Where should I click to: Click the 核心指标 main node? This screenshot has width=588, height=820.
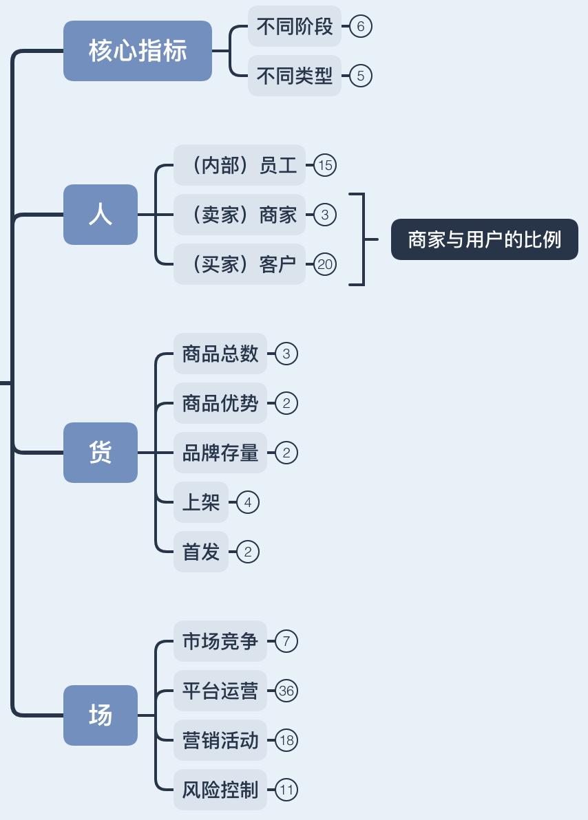138,51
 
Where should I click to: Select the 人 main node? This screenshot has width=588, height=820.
101,215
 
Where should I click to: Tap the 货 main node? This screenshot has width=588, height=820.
101,453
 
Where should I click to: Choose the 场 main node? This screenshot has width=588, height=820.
101,715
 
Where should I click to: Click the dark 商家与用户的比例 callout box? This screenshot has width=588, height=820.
484,239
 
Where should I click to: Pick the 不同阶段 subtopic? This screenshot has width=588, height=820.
295,27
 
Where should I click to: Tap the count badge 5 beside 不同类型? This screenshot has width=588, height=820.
361,76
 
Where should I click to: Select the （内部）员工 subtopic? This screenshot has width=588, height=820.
239,165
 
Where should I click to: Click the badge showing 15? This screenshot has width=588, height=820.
325,165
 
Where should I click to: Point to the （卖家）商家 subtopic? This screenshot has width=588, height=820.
239,215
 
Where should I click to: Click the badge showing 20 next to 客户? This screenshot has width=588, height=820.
325,264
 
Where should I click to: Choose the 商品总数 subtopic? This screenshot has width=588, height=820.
220,354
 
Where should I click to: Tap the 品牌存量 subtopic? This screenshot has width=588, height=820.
220,453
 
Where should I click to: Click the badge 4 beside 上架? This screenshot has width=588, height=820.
248,502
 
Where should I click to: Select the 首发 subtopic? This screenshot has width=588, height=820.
200,552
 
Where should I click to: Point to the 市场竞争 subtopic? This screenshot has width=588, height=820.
220,641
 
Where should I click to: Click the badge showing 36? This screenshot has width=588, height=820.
286,691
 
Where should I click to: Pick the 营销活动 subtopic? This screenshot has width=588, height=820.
220,740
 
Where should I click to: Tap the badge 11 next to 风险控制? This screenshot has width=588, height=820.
286,790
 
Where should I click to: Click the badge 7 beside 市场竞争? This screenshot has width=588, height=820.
286,641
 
